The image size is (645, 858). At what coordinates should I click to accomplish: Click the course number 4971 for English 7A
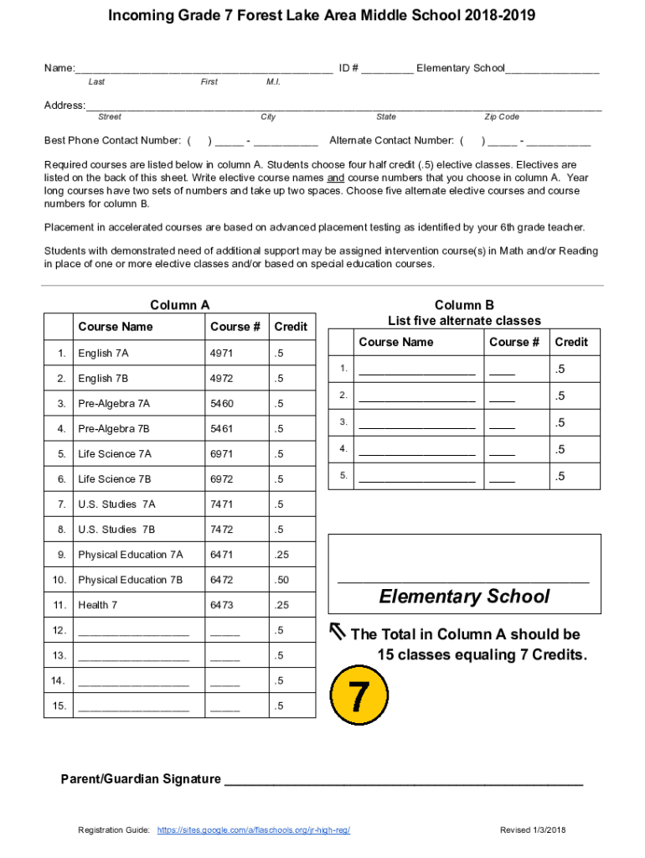tap(222, 353)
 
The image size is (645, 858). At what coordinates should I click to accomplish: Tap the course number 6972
tap(222, 478)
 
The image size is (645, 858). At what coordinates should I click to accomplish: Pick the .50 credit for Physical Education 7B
tap(281, 579)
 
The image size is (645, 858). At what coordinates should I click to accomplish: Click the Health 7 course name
tap(98, 604)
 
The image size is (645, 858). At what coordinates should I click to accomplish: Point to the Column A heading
tap(179, 305)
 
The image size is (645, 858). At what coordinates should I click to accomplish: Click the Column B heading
tap(464, 305)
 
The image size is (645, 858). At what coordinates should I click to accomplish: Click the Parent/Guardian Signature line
tap(404, 780)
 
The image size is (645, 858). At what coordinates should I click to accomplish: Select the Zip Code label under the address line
tap(502, 117)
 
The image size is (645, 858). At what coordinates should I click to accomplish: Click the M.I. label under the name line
tap(273, 82)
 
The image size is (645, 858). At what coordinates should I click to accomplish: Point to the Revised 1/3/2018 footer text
tap(534, 830)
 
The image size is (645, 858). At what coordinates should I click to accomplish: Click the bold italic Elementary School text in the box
tap(464, 597)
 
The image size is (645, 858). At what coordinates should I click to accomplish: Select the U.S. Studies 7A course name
tap(116, 504)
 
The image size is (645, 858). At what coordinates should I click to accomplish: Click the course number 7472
tap(222, 529)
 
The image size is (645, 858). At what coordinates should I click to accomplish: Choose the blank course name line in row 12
tap(133, 631)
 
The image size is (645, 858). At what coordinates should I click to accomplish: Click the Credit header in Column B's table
tap(571, 342)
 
